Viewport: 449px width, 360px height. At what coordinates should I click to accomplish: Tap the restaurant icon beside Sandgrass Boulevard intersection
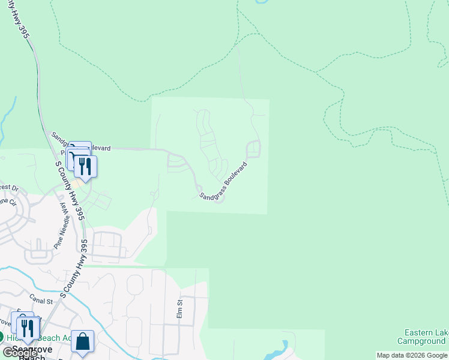(x=85, y=166)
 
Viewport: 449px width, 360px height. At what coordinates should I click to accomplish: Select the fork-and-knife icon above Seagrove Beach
(x=27, y=328)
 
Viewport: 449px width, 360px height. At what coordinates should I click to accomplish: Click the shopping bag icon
(x=83, y=342)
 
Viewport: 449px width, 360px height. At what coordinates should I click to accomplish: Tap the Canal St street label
(x=41, y=298)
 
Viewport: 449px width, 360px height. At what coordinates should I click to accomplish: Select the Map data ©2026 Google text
(x=412, y=355)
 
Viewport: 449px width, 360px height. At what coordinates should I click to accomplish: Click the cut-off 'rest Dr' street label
(x=9, y=188)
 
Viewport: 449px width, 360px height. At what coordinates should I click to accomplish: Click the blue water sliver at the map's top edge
(x=261, y=2)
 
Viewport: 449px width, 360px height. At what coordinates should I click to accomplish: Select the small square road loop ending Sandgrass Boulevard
(x=253, y=148)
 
